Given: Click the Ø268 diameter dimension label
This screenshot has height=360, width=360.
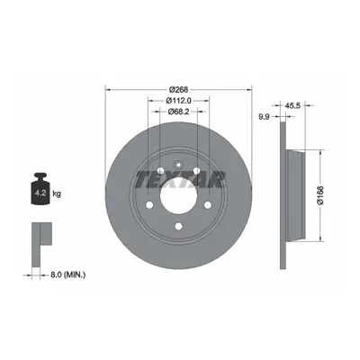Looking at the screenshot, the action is click(x=178, y=89).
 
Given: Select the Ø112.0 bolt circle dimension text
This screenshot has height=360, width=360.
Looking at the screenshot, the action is click(x=178, y=101).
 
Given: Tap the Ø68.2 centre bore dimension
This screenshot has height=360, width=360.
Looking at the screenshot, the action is click(x=178, y=112).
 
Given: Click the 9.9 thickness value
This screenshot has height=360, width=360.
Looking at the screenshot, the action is click(x=264, y=117).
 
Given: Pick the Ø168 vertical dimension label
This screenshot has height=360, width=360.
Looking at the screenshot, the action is click(x=320, y=195).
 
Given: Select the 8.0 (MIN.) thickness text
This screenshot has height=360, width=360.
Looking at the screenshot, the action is click(x=67, y=274).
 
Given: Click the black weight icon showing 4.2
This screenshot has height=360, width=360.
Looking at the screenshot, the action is click(x=40, y=189).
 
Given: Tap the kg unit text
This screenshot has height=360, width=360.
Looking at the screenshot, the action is click(x=57, y=193).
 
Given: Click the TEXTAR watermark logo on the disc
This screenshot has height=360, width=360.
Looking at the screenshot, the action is click(x=180, y=179).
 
